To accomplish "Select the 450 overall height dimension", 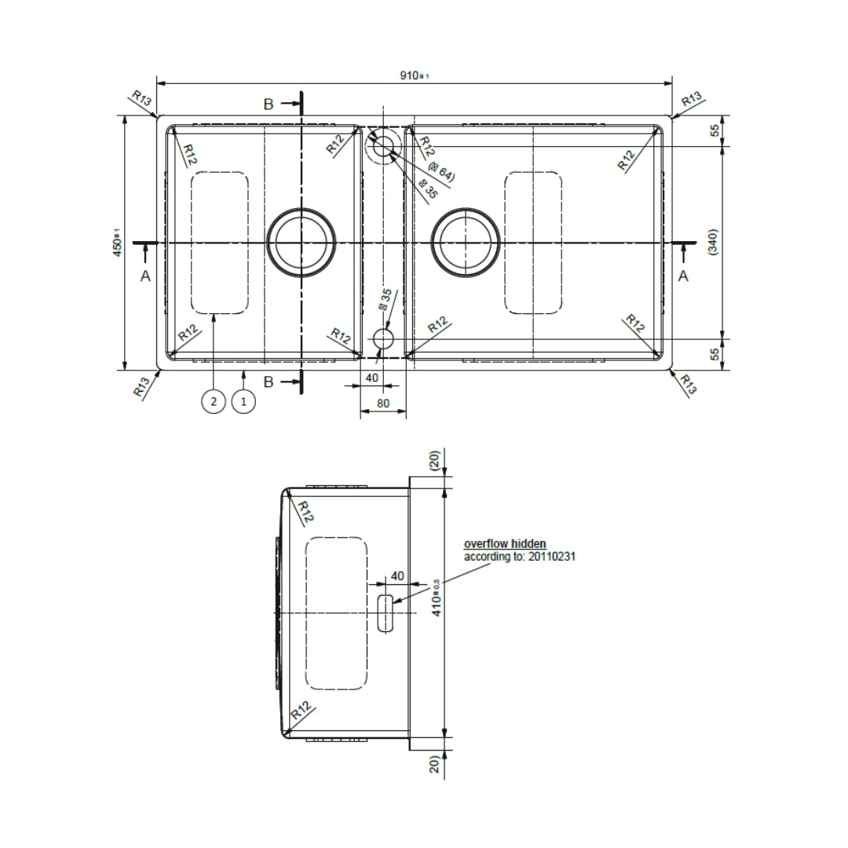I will point(115,242).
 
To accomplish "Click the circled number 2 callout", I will point(213,401).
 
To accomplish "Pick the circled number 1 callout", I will point(243,401).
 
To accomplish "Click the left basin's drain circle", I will point(302,242).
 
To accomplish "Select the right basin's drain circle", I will point(466,242).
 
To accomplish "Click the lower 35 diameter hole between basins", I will point(383,339).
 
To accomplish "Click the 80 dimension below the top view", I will point(382,402).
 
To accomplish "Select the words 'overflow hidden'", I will point(505,543).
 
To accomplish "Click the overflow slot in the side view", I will point(385,612).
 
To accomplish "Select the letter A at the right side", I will point(683,276).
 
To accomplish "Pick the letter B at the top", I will point(269,104).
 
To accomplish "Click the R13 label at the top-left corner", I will point(141,98).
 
